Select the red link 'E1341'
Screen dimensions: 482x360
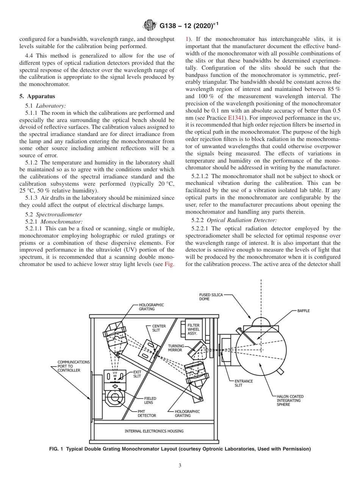click(x=235, y=118)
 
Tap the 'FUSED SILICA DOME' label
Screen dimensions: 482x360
click(x=211, y=297)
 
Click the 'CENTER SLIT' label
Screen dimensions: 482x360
click(x=158, y=328)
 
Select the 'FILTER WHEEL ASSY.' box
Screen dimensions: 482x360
click(x=193, y=329)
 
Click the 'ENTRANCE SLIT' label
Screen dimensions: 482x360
click(x=243, y=383)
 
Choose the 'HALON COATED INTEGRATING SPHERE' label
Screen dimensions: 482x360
click(x=290, y=400)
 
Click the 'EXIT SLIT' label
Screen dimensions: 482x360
click(x=137, y=374)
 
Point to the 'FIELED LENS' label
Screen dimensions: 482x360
click(x=150, y=400)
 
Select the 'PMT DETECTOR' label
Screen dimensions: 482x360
click(x=147, y=413)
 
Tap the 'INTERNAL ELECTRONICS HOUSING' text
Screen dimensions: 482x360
click(x=154, y=431)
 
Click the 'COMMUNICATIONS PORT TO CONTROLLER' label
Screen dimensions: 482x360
click(x=74, y=366)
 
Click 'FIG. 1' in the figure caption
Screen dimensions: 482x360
click(x=56, y=449)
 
